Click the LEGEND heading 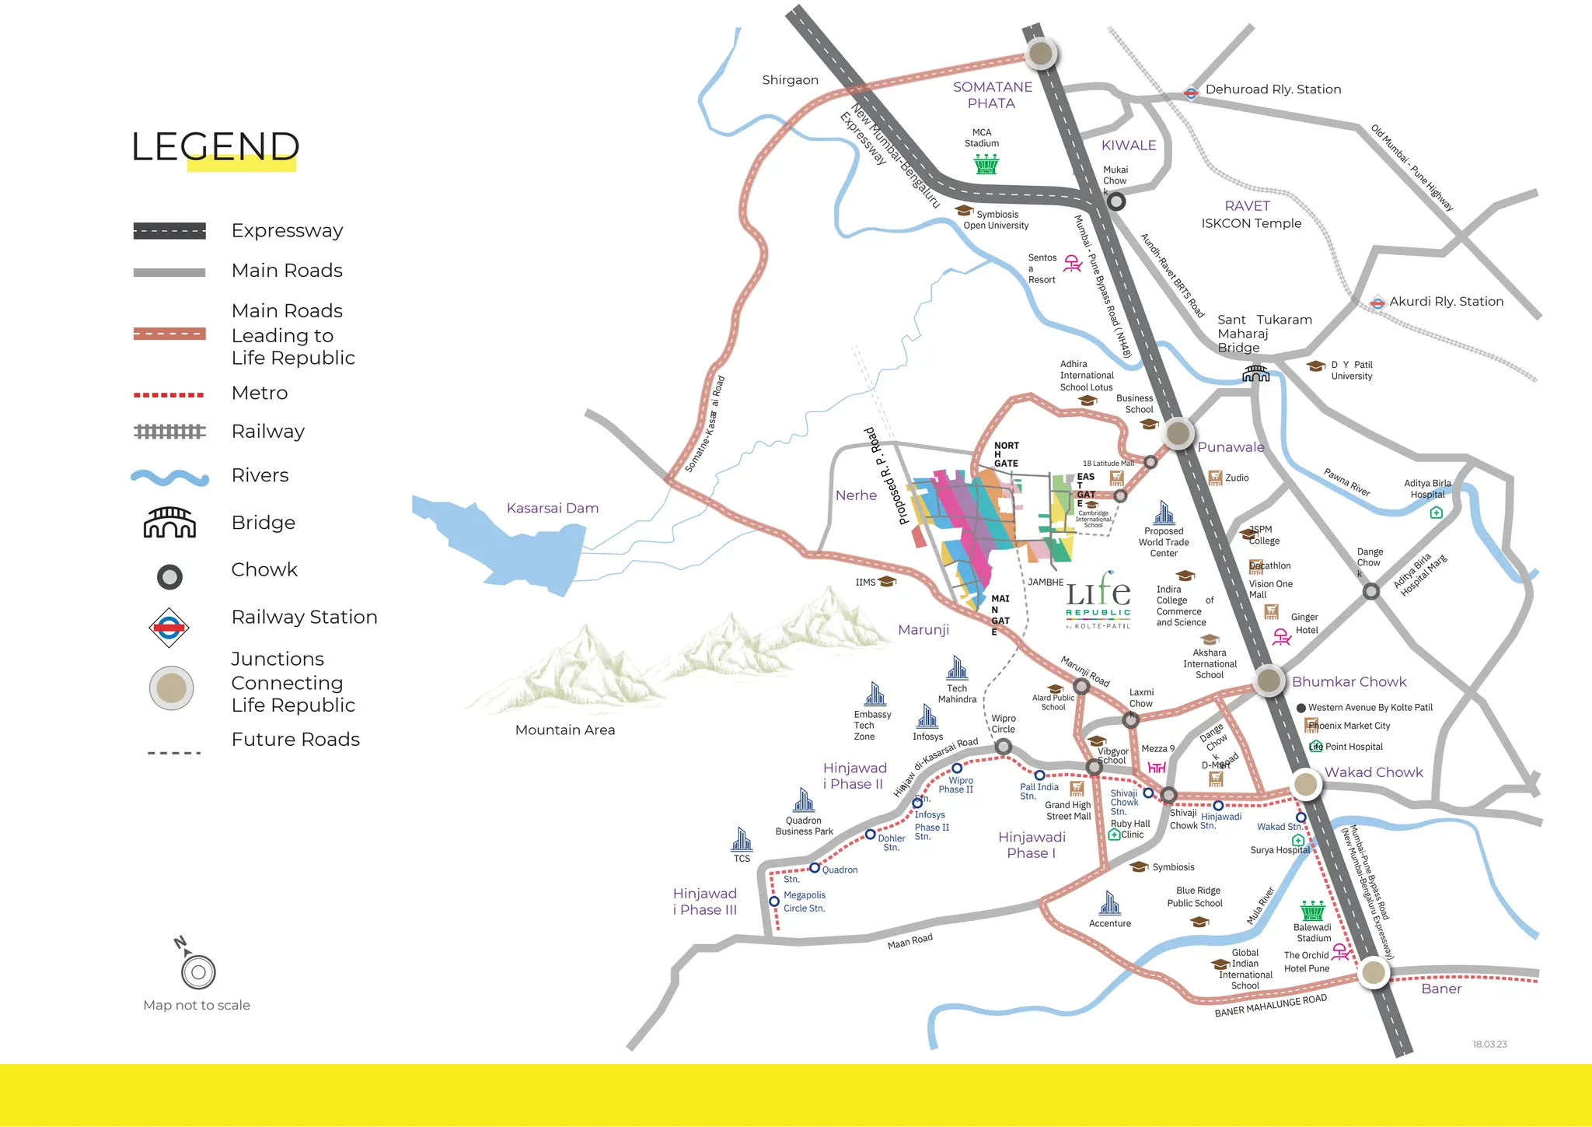[x=215, y=146]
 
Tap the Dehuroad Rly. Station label [x=1273, y=89]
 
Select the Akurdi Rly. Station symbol [x=1377, y=303]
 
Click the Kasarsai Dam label [x=552, y=508]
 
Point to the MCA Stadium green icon [x=986, y=164]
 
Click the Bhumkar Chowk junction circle [x=1269, y=680]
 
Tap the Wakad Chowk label [x=1373, y=772]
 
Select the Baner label [x=1440, y=989]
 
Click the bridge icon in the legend [x=169, y=523]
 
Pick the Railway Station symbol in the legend [x=169, y=627]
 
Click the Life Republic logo [x=1098, y=601]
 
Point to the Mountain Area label [x=564, y=730]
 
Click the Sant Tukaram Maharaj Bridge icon [x=1255, y=374]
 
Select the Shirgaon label [x=790, y=80]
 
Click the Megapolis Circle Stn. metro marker [x=773, y=901]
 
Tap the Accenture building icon [x=1109, y=903]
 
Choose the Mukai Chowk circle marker [x=1116, y=202]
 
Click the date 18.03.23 [x=1489, y=1044]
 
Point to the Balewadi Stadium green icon [x=1312, y=910]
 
